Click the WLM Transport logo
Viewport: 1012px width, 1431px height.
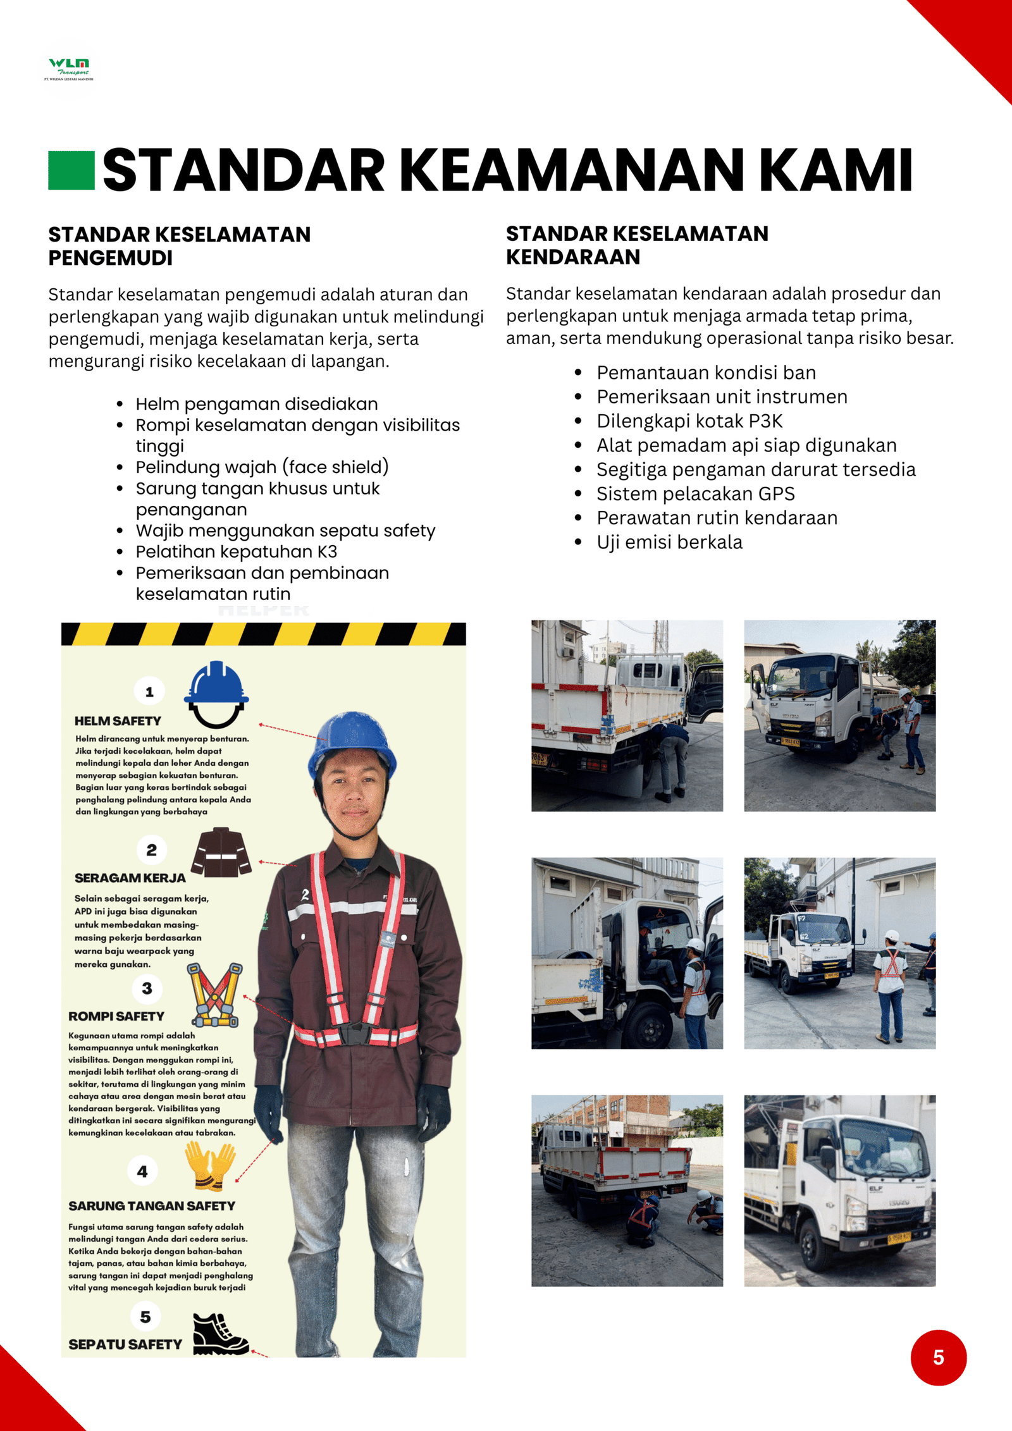tap(69, 68)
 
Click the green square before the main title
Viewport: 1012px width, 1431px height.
tap(71, 170)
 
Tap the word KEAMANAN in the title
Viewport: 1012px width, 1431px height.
tap(572, 170)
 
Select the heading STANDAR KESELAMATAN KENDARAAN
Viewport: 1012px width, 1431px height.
tap(636, 245)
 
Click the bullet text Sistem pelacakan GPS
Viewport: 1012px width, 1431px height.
tap(695, 493)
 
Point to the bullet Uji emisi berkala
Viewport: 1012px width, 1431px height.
tap(669, 542)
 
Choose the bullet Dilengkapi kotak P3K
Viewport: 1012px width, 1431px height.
tap(689, 421)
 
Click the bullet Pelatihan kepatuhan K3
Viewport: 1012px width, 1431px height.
tap(236, 551)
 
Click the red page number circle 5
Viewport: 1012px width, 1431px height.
tap(938, 1357)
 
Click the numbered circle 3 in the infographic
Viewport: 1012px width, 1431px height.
tap(147, 988)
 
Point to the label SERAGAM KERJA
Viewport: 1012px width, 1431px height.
tap(130, 878)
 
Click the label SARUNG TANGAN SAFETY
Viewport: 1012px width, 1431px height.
tap(152, 1206)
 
